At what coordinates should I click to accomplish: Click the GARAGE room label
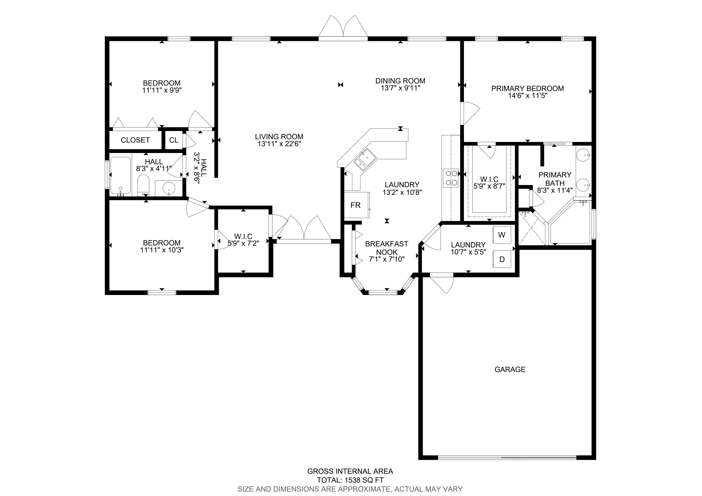click(x=510, y=369)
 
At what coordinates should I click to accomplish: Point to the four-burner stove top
click(x=450, y=178)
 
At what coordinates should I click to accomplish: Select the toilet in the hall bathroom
click(x=143, y=185)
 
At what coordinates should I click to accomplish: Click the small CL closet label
click(x=174, y=140)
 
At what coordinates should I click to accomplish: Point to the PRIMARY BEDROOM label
click(x=527, y=88)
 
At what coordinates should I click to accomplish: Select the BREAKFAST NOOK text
click(x=387, y=248)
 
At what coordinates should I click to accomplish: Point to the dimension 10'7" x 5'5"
click(x=468, y=252)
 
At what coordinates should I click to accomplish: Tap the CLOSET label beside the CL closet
click(x=135, y=140)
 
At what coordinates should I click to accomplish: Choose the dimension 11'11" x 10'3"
click(x=162, y=250)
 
